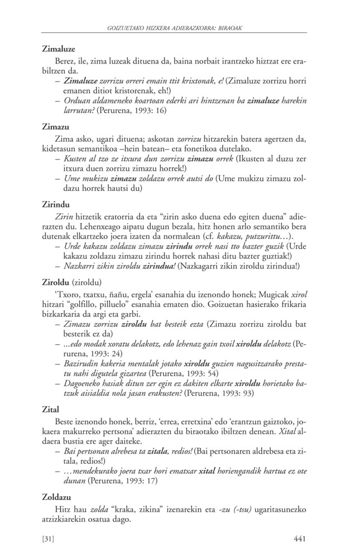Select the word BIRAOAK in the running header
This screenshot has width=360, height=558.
(230, 26)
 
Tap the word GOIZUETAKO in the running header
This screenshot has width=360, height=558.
(129, 26)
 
